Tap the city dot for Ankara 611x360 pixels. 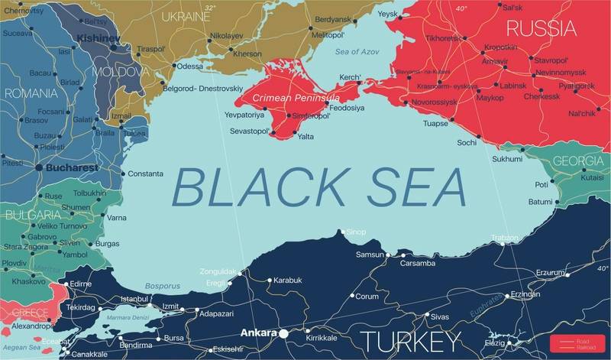tap(283, 334)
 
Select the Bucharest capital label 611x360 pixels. tap(73, 167)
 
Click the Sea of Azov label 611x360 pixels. tap(357, 51)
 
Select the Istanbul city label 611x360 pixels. tap(134, 298)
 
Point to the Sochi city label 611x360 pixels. tap(467, 143)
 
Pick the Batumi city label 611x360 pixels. tap(540, 202)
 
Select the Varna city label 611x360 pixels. tap(117, 218)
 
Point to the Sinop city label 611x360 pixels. tap(356, 232)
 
